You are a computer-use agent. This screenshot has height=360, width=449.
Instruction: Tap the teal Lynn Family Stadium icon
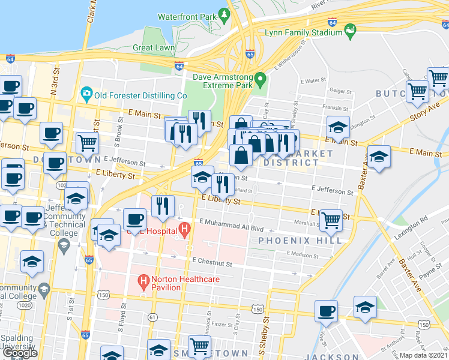click(x=349, y=28)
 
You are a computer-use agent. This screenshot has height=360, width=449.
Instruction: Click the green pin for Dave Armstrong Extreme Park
click(x=260, y=79)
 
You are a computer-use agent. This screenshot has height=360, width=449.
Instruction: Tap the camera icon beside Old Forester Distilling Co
click(x=86, y=94)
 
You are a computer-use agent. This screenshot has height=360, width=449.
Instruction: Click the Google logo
click(x=20, y=353)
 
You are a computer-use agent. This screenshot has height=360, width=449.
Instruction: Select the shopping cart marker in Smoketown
click(x=199, y=346)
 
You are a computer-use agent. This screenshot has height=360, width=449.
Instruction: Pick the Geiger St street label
click(x=340, y=91)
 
